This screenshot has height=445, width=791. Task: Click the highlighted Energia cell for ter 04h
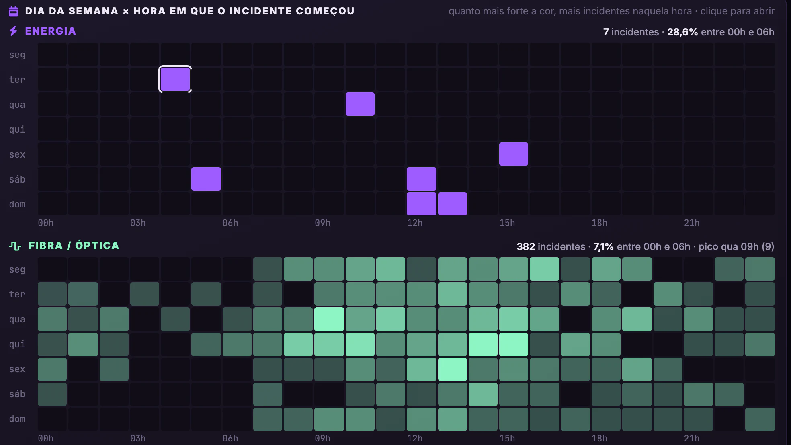coord(175,79)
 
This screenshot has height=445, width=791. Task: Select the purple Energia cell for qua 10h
coord(360,104)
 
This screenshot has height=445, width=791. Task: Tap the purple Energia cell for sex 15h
coord(514,154)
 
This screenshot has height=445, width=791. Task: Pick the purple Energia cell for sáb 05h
coord(206,179)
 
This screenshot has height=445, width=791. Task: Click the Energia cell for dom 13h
coord(453,204)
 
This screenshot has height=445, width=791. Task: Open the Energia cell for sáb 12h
coord(422,179)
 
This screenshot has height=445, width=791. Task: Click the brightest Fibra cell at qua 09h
coord(329,319)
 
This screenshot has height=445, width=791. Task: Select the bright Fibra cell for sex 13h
coord(453,369)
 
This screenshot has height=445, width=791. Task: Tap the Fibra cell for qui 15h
coord(514,345)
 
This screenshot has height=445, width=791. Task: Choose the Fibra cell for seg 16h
coord(545,269)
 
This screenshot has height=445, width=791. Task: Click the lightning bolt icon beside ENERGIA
coord(13,31)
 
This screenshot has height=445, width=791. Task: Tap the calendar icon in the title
coord(13,11)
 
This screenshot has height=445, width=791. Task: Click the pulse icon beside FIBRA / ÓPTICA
coord(15,246)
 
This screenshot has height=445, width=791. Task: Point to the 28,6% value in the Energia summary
coord(682,32)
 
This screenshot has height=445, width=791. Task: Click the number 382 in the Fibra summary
coord(526,247)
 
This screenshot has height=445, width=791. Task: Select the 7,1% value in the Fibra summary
coord(603,247)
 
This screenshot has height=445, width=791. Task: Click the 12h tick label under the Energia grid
coord(415,223)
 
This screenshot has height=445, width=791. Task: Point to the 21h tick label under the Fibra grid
coord(692,438)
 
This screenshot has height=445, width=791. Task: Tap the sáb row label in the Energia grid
coord(17,179)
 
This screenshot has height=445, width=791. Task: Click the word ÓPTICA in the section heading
coord(97,246)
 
